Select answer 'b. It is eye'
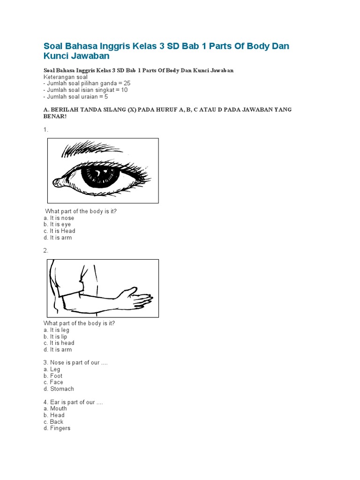[57, 225]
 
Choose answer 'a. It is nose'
[59, 218]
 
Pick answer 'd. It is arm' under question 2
[58, 350]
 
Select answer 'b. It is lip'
[55, 337]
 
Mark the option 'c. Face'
[53, 382]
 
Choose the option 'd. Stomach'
[59, 389]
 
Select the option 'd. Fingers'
[57, 428]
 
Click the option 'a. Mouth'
[55, 409]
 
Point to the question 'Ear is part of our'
[73, 402]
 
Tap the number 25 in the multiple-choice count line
[127, 83]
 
